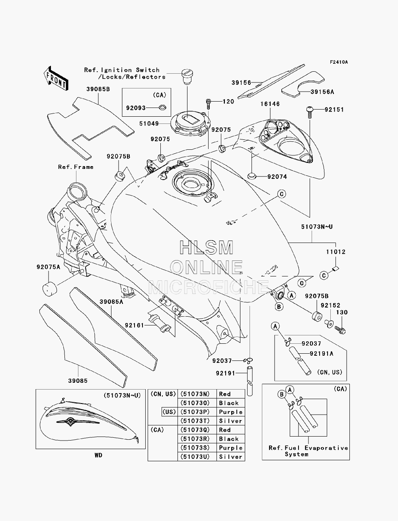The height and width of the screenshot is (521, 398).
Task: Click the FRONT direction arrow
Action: pyautogui.click(x=56, y=78)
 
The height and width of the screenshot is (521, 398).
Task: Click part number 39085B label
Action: pyautogui.click(x=98, y=89)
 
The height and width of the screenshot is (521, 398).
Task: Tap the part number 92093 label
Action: pyautogui.click(x=136, y=108)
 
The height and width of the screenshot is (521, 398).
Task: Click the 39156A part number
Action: pyautogui.click(x=322, y=92)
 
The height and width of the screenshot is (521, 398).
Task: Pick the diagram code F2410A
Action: pyautogui.click(x=339, y=62)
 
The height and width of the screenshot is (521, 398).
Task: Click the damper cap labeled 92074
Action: pyautogui.click(x=252, y=176)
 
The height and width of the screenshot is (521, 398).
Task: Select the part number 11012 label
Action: pyautogui.click(x=336, y=252)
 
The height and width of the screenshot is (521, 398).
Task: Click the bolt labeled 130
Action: pyautogui.click(x=340, y=330)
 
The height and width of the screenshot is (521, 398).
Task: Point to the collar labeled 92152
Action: pyautogui.click(x=329, y=324)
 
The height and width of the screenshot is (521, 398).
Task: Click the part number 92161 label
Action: pyautogui.click(x=135, y=325)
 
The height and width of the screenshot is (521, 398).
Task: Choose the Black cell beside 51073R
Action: pyautogui.click(x=228, y=439)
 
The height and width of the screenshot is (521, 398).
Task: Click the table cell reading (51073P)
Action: pyautogui.click(x=195, y=412)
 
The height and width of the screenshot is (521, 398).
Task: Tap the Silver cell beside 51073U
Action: pyautogui.click(x=230, y=457)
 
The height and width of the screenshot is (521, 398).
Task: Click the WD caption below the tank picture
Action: pyautogui.click(x=98, y=455)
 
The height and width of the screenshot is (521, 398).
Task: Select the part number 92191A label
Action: pyautogui.click(x=322, y=354)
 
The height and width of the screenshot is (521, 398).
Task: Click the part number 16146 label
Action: pyautogui.click(x=270, y=104)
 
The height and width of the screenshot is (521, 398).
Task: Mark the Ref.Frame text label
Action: pyautogui.click(x=76, y=167)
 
